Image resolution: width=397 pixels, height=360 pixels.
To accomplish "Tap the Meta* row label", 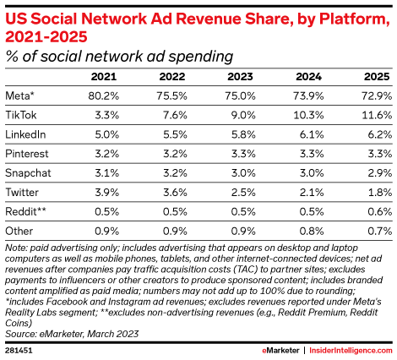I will point(20,95).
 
